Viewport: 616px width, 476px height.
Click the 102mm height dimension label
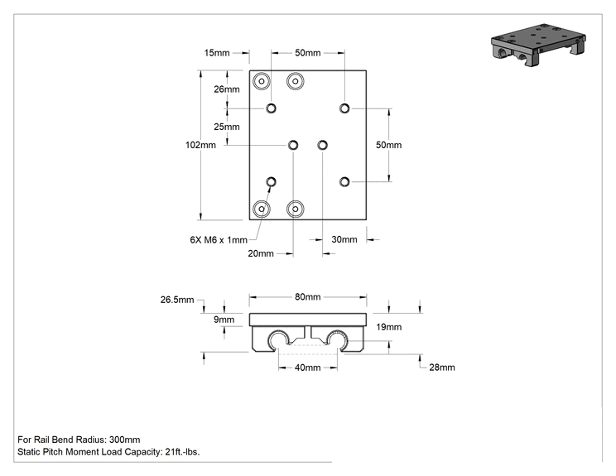(x=200, y=146)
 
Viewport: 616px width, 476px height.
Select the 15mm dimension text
(x=217, y=53)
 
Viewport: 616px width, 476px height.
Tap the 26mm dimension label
(x=227, y=89)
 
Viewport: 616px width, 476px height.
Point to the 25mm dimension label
(x=227, y=127)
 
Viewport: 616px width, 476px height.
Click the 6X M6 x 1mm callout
(x=219, y=240)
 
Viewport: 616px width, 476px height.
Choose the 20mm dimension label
(x=261, y=253)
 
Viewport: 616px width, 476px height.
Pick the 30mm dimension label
(x=344, y=239)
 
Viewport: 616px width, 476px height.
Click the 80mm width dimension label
(x=308, y=297)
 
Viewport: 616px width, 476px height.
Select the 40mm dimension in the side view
(x=308, y=368)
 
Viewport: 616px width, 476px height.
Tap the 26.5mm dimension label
(x=177, y=300)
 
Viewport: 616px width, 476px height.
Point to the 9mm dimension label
(x=224, y=320)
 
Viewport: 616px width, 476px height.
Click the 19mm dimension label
(x=388, y=327)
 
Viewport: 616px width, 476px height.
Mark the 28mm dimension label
(x=442, y=368)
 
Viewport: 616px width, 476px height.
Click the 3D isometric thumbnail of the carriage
(x=538, y=45)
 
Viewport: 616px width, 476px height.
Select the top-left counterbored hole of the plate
(x=262, y=81)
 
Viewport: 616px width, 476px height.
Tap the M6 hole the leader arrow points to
(x=271, y=182)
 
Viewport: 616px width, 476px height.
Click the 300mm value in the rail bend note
(x=124, y=440)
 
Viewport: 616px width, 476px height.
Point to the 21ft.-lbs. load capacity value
(x=182, y=452)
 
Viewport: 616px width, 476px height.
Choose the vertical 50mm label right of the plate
(x=388, y=146)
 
